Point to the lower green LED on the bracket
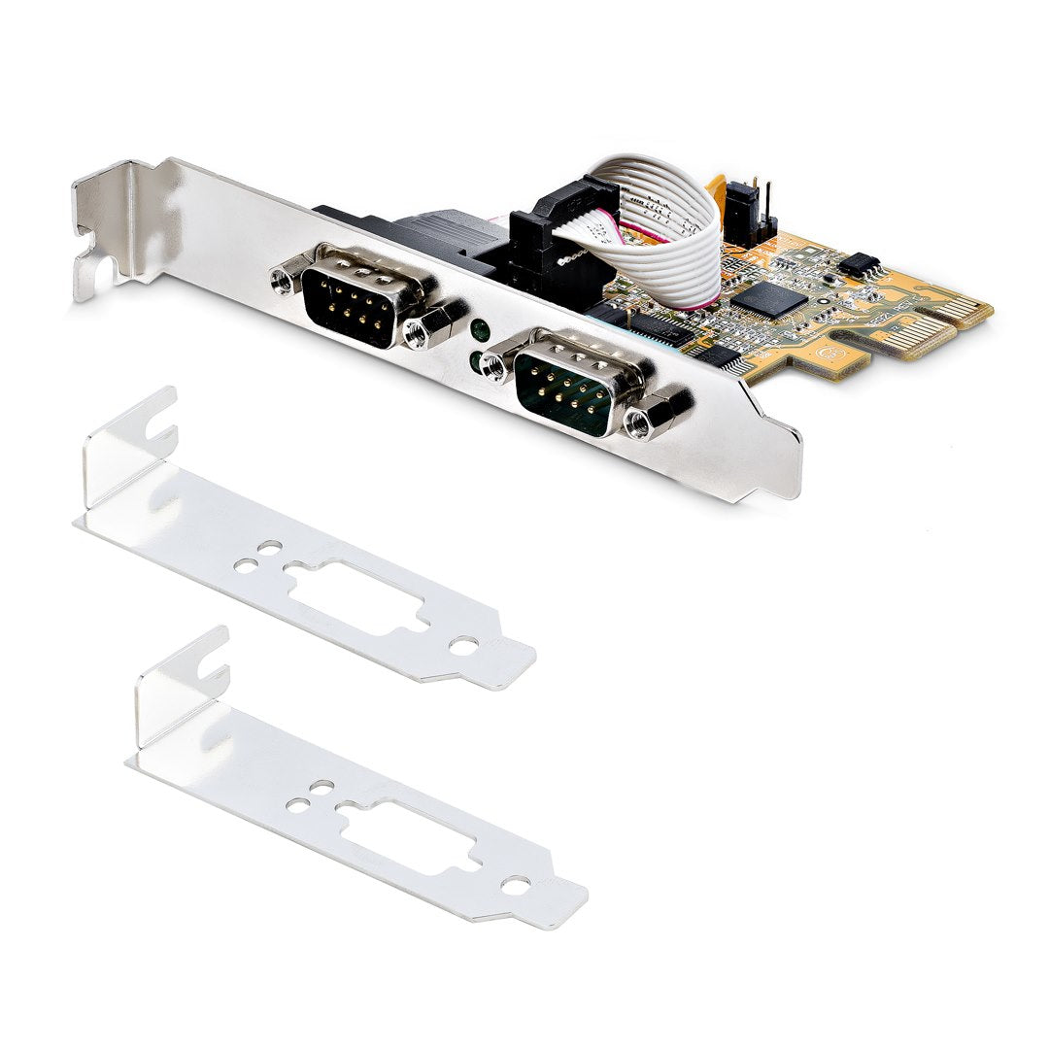click(x=475, y=361)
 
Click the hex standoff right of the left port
click(x=424, y=331)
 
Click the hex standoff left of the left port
click(x=283, y=280)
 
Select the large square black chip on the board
click(x=767, y=296)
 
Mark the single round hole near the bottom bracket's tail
click(x=517, y=883)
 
